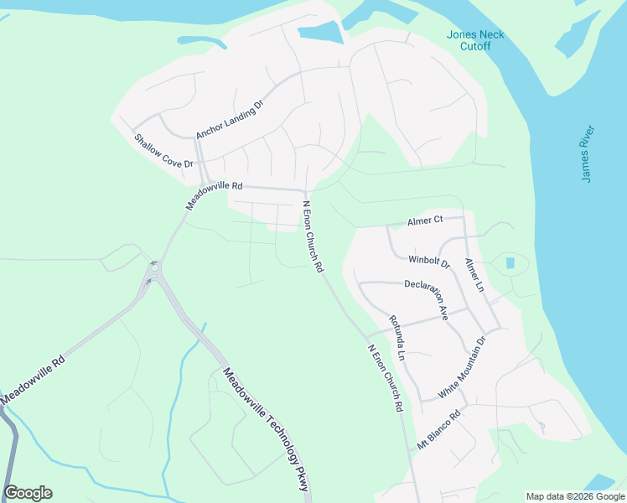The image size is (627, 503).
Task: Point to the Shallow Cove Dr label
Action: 163,150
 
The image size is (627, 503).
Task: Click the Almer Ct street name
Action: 424,220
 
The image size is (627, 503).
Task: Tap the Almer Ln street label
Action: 474,275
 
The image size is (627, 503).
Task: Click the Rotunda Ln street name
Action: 396,338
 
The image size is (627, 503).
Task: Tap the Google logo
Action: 28,493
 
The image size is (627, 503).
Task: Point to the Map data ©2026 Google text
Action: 575,496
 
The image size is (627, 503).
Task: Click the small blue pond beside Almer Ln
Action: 510,263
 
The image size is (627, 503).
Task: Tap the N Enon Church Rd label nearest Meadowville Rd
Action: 313,238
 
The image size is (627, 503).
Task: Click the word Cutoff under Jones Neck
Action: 474,46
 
